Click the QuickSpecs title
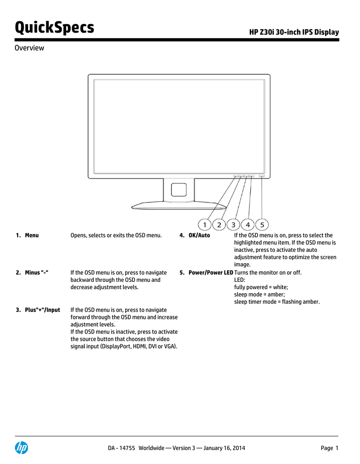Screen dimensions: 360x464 [54, 28]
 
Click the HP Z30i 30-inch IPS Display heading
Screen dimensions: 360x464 [294, 32]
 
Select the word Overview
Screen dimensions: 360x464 [29, 48]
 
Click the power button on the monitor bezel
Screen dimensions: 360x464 [262, 176]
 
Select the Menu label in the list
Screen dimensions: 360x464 [32, 236]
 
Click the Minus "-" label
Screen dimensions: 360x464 [36, 272]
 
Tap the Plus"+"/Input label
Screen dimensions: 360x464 [42, 310]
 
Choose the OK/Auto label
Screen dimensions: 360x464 [199, 236]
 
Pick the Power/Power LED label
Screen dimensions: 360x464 [211, 272]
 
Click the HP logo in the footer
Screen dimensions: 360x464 [22, 448]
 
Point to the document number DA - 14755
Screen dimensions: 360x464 [122, 448]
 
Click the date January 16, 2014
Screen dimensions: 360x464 [224, 448]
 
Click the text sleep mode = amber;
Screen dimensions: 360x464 [259, 295]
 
